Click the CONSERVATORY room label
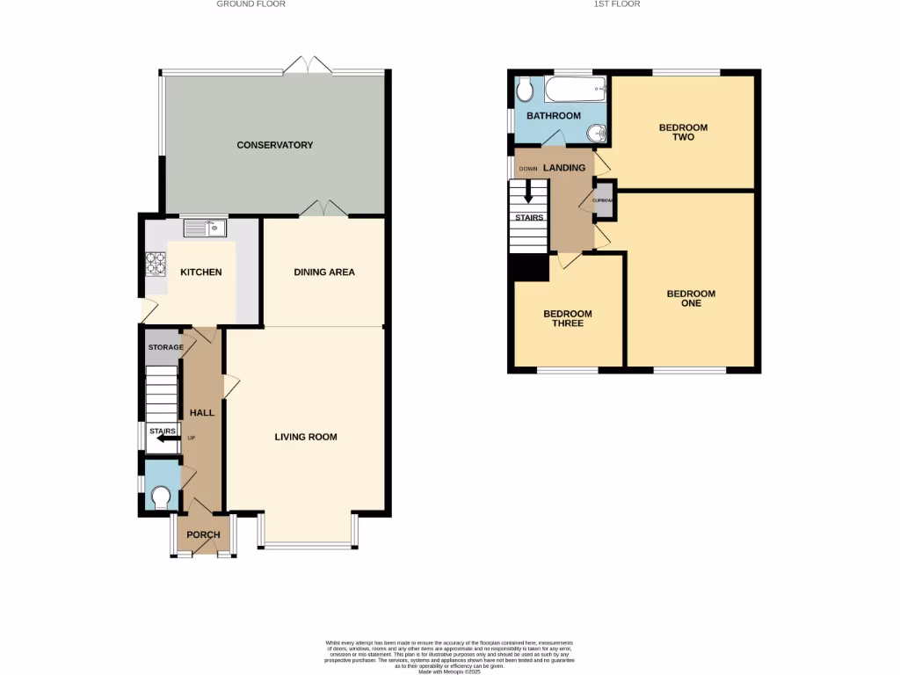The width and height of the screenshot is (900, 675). coord(274,145)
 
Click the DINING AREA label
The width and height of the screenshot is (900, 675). coord(323,272)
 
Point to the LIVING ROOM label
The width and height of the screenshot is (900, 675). coord(305,437)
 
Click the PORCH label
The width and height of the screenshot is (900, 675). coord(203,534)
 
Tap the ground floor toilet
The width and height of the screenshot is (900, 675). coord(161,498)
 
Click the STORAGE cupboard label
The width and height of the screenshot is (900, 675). coord(165,348)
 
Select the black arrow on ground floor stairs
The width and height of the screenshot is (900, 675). coord(164,438)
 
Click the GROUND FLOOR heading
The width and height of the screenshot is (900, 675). coord(250,4)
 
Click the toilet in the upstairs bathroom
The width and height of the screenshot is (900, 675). coord(525,89)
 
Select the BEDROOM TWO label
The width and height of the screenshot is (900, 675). coord(683,133)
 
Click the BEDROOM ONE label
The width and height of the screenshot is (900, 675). coord(690,299)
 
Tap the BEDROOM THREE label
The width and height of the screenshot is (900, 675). coord(567,319)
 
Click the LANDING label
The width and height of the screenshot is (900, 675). coord(563,168)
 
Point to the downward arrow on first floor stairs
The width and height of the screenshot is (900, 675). coord(528,192)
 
